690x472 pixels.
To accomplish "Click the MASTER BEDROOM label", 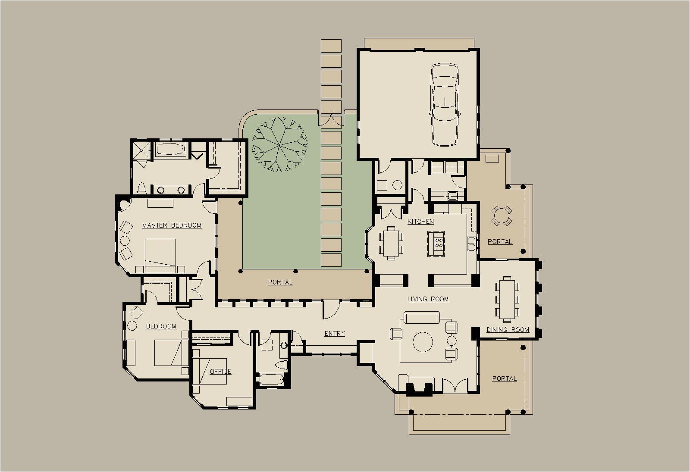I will (172, 225).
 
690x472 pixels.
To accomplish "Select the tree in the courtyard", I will (280, 144).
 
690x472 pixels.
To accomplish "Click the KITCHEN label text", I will (420, 221).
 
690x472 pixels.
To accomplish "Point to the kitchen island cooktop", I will (439, 243).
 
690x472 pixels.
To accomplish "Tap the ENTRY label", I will (335, 333).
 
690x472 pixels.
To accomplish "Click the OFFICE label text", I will (220, 371).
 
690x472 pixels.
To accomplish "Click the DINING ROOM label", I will (508, 330).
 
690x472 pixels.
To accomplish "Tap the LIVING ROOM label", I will (428, 299).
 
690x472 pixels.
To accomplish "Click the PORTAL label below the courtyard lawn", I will (280, 282).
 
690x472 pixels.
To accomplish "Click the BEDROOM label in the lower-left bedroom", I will (161, 326).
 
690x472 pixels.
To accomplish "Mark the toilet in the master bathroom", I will (141, 188).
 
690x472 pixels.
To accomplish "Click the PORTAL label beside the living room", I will (504, 378).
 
